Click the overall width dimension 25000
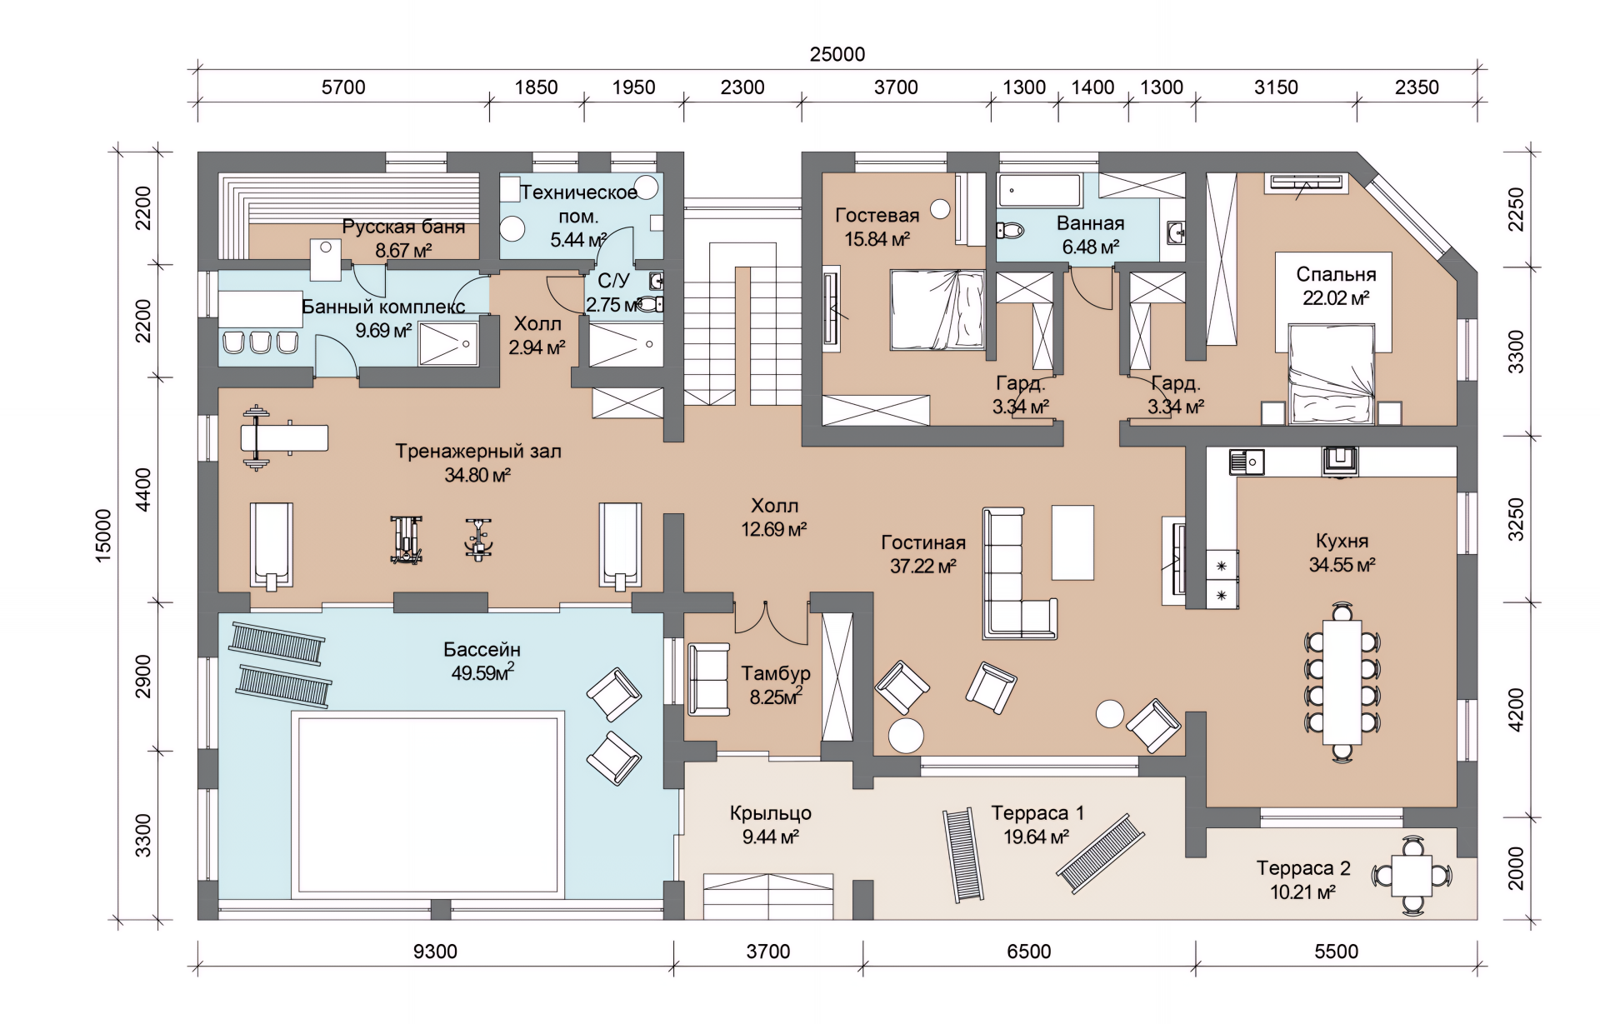pos(837,54)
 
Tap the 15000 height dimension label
pos(103,536)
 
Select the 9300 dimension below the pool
pos(435,952)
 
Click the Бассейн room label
pos(482,649)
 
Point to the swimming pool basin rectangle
pos(427,805)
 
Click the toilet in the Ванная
pos(1012,230)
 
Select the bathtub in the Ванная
pos(1040,191)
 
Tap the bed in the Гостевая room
pos(937,310)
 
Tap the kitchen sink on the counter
pos(1247,462)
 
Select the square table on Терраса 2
pos(1412,876)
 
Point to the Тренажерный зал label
pos(478,452)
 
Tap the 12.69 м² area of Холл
pos(774,529)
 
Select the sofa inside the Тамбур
pos(708,679)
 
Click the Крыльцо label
pos(771,813)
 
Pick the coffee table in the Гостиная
pos(1072,542)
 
